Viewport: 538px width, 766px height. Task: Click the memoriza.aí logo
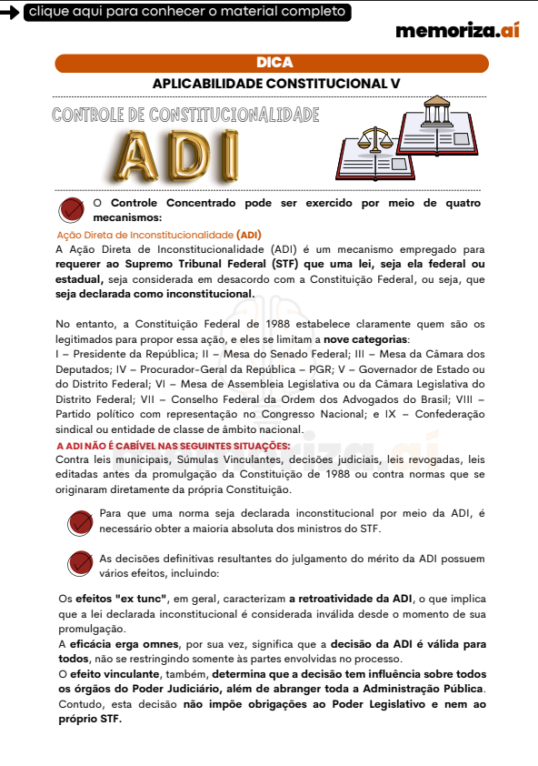pyautogui.click(x=456, y=30)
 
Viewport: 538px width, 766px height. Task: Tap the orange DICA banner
pyautogui.click(x=272, y=63)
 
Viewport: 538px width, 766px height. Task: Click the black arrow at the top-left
pyautogui.click(x=10, y=13)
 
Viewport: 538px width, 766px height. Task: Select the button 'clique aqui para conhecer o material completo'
pyautogui.click(x=186, y=12)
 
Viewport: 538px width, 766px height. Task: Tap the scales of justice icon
pyautogui.click(x=372, y=140)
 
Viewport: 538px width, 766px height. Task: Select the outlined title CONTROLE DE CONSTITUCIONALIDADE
pyautogui.click(x=186, y=116)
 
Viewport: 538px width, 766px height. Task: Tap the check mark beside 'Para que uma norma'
pyautogui.click(x=81, y=521)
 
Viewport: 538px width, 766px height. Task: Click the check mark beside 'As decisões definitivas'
pyautogui.click(x=81, y=565)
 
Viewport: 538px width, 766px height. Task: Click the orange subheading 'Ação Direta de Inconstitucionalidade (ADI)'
pyautogui.click(x=159, y=234)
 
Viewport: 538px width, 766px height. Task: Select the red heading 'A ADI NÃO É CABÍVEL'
pyautogui.click(x=174, y=446)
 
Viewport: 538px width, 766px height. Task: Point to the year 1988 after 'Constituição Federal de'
pyautogui.click(x=270, y=323)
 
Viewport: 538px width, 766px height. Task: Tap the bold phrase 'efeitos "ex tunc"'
pyautogui.click(x=112, y=599)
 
